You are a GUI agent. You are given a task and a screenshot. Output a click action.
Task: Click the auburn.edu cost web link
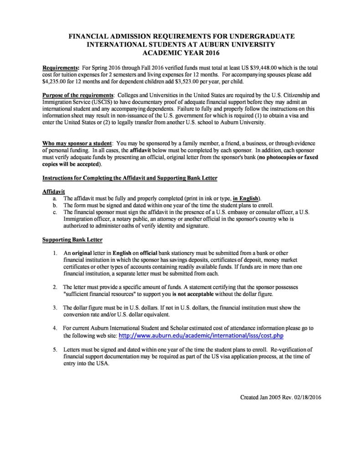pos(201,336)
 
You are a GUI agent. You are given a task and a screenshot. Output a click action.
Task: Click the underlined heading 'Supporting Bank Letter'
pos(72,239)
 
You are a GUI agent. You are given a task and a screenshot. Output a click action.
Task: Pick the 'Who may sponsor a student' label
pos(77,143)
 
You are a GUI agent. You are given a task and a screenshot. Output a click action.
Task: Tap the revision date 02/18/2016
pos(306,397)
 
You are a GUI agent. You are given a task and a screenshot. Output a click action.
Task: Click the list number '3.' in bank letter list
pos(55,307)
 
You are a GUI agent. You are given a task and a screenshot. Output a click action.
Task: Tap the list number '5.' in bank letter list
pos(55,349)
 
